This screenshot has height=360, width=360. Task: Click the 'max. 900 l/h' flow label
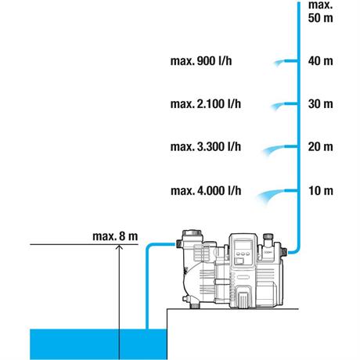coord(201,61)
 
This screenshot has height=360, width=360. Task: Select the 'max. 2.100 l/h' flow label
coord(206,104)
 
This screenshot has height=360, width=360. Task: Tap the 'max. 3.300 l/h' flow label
coord(206,146)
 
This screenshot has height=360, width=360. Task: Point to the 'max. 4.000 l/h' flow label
coord(206,191)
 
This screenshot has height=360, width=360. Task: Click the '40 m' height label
coord(320,61)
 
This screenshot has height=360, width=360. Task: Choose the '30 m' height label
coord(320,104)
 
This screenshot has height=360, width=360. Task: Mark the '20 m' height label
coord(320,146)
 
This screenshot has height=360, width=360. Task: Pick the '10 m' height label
coord(321,191)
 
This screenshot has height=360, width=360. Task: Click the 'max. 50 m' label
coord(320,12)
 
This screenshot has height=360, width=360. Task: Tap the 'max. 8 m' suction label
coord(115,236)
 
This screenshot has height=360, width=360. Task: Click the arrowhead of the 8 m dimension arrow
coord(119,247)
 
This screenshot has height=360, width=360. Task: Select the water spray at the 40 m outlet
coord(279,63)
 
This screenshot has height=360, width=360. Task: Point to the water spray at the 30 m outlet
coord(278,106)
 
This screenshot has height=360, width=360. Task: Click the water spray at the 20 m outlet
coord(273,149)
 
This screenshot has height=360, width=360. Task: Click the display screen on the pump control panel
coord(243,245)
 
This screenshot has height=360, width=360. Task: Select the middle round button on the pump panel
coord(243,254)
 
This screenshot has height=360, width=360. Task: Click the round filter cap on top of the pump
coord(192,233)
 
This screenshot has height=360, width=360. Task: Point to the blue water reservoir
coord(99,344)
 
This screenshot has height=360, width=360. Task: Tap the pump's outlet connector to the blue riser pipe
coord(284,252)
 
